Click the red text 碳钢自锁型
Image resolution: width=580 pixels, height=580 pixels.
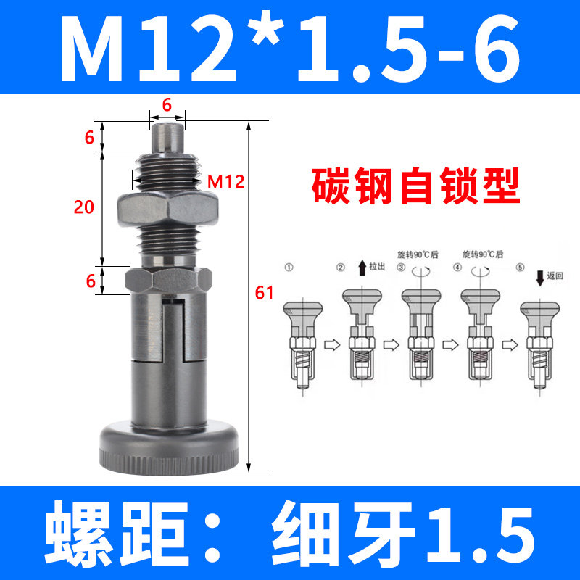tap(416, 186)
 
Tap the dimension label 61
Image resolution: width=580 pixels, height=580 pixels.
tap(265, 292)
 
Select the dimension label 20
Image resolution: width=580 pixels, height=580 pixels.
tap(84, 207)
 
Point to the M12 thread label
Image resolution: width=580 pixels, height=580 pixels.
tap(225, 181)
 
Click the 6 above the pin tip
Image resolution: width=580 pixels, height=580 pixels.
tap(167, 104)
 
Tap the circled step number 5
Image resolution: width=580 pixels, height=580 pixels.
tap(519, 268)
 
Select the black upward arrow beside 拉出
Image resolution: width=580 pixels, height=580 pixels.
tap(360, 268)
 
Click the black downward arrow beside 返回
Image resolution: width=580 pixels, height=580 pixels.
tap(539, 277)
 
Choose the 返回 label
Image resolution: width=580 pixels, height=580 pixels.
tap(555, 275)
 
